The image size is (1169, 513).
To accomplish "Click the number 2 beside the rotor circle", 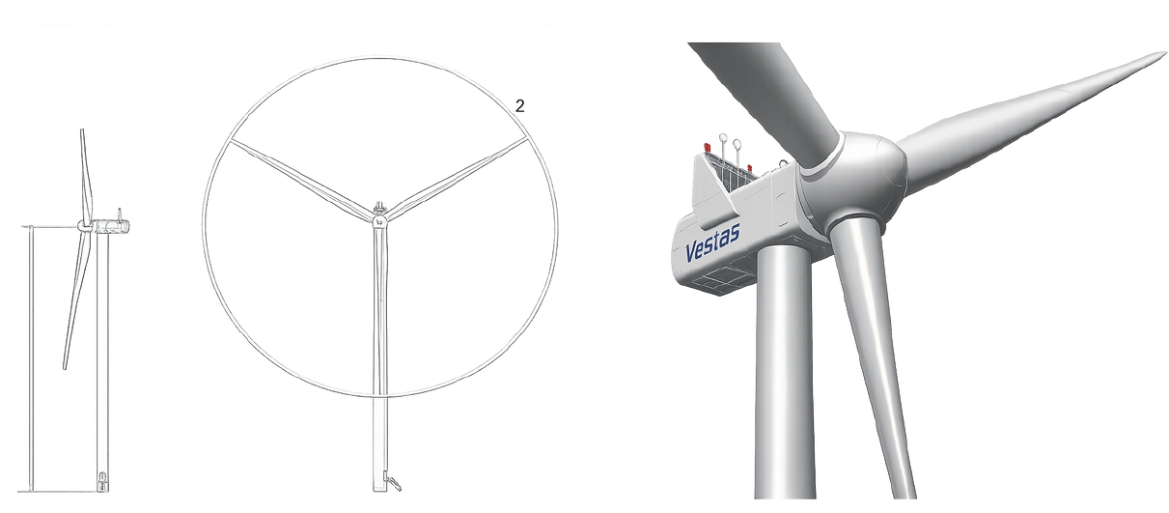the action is [x=519, y=106].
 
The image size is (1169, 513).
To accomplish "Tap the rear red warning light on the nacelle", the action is [x=707, y=147].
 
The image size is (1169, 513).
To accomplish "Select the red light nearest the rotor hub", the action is [x=750, y=169].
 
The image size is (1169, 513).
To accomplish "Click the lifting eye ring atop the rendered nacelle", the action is [x=782, y=164].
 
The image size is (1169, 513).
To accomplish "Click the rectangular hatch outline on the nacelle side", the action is [x=782, y=210].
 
